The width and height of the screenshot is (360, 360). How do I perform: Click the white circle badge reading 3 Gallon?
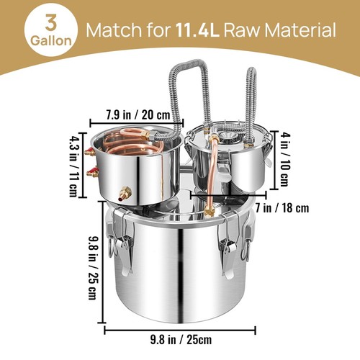[51, 32]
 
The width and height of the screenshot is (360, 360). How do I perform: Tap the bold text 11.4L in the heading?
[197, 30]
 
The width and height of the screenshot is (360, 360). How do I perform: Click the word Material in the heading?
[300, 30]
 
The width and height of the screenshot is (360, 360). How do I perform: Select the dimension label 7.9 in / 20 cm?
[138, 114]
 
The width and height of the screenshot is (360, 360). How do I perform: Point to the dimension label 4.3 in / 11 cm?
[73, 166]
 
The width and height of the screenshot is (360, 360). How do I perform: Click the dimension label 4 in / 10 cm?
[284, 160]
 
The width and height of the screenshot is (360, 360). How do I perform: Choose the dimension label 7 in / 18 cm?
[282, 208]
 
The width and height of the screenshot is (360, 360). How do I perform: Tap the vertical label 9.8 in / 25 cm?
[93, 268]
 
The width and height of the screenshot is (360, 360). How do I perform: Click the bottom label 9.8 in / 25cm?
[181, 340]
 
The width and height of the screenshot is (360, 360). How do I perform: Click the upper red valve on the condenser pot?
[90, 152]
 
